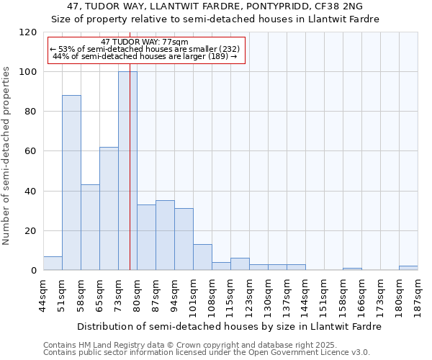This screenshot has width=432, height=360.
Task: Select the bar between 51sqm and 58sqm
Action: click(x=71, y=183)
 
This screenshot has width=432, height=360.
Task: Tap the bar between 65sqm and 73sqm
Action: click(x=109, y=209)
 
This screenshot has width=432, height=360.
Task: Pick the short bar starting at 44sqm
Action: click(x=53, y=264)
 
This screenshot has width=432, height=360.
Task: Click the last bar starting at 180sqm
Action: click(x=408, y=268)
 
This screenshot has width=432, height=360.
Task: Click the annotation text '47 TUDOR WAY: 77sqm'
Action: click(x=145, y=42)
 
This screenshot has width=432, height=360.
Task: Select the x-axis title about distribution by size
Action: click(x=229, y=326)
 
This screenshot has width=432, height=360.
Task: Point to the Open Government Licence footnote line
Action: click(x=207, y=352)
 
